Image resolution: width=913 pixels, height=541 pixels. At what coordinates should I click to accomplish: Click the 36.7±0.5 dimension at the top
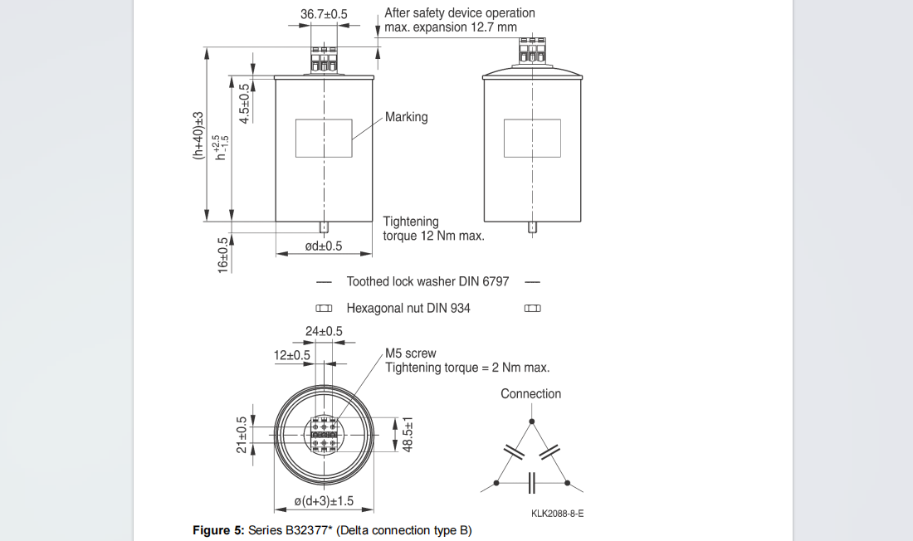pyautogui.click(x=324, y=14)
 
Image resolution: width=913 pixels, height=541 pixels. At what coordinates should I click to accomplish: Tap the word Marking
pyautogui.click(x=406, y=117)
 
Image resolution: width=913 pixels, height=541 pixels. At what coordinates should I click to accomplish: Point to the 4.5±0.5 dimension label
pyautogui.click(x=244, y=104)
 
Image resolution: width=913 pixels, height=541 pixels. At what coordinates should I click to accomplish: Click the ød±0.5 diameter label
pyautogui.click(x=324, y=246)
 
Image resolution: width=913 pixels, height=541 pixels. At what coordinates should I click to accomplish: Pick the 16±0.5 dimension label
pyautogui.click(x=222, y=255)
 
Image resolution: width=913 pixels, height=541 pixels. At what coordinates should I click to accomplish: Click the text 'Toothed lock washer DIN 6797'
pyautogui.click(x=427, y=282)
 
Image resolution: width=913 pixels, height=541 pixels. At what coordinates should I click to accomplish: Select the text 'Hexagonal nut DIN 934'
pyautogui.click(x=408, y=309)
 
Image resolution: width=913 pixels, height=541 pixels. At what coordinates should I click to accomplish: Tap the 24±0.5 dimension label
pyautogui.click(x=324, y=332)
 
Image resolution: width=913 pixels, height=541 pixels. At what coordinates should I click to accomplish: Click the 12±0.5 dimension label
pyautogui.click(x=292, y=355)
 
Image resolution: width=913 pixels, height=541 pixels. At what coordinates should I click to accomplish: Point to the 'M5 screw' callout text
pyautogui.click(x=410, y=353)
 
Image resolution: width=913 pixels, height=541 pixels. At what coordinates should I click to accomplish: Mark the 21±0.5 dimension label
pyautogui.click(x=242, y=435)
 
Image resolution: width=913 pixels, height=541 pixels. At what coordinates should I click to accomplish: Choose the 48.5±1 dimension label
pyautogui.click(x=408, y=435)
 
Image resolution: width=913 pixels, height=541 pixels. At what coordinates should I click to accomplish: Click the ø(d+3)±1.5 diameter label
pyautogui.click(x=325, y=500)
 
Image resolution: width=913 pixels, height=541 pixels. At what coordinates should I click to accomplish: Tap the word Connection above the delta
pyautogui.click(x=530, y=394)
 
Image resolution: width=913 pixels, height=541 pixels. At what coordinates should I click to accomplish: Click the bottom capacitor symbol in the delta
pyautogui.click(x=532, y=482)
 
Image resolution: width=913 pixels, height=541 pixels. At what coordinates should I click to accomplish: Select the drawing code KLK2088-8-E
pyautogui.click(x=557, y=514)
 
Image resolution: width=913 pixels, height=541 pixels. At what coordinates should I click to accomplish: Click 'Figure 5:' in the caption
pyautogui.click(x=218, y=530)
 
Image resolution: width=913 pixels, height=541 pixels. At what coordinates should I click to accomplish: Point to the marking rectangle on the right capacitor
pyautogui.click(x=532, y=138)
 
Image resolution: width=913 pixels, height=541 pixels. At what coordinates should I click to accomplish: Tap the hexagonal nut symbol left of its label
pyautogui.click(x=324, y=309)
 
